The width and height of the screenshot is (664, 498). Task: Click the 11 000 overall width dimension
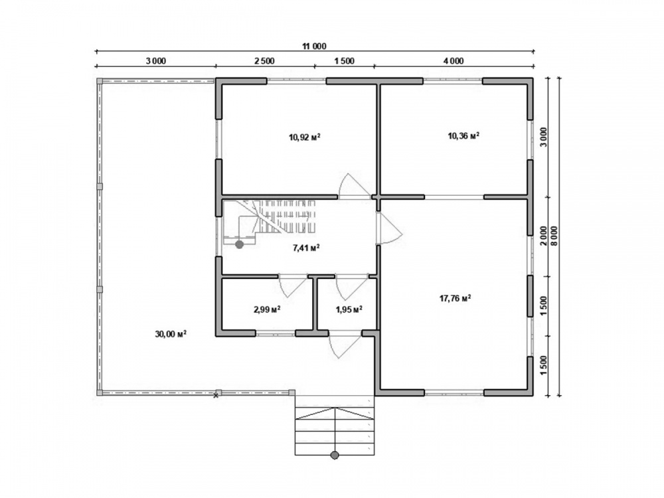click(314, 46)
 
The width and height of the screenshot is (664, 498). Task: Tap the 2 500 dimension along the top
click(264, 61)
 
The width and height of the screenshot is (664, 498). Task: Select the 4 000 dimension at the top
click(454, 61)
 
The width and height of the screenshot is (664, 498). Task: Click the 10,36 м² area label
click(463, 136)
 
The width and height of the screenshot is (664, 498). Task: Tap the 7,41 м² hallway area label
click(306, 248)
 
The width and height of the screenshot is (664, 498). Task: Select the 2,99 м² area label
click(267, 309)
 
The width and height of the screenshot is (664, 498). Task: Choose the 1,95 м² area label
click(349, 309)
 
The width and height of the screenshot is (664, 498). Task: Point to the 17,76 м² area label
click(456, 299)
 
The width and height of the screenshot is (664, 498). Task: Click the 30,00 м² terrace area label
click(171, 334)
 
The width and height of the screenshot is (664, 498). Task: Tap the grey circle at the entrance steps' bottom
click(335, 456)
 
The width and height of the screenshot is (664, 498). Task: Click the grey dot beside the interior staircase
click(239, 244)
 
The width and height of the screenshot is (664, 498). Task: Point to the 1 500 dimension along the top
click(344, 61)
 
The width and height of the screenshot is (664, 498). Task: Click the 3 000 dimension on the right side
click(544, 137)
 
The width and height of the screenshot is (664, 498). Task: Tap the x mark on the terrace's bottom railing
click(216, 396)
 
